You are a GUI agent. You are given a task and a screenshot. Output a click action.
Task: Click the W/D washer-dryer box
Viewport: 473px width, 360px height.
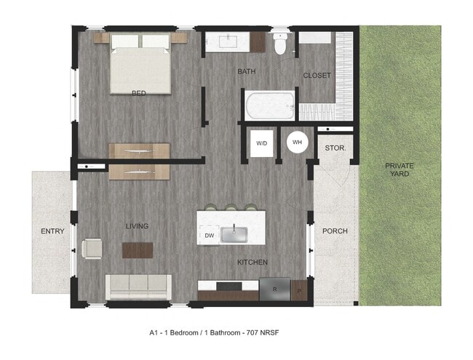(x=261, y=143)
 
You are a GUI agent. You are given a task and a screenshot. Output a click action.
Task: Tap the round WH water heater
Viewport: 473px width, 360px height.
(x=297, y=143)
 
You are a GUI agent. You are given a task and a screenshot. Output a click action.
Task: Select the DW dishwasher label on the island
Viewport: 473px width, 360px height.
(x=209, y=235)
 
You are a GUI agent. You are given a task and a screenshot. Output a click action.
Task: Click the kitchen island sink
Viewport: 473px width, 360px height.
(x=234, y=234)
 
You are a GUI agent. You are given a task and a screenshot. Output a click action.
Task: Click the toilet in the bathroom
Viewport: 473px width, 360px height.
(x=280, y=45)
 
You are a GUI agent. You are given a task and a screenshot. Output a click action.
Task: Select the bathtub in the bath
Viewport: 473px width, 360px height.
(x=269, y=106)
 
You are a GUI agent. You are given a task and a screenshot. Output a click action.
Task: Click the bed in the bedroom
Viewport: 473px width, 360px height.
(x=141, y=65)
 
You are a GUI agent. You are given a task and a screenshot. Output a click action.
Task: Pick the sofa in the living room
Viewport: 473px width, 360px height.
(x=139, y=287)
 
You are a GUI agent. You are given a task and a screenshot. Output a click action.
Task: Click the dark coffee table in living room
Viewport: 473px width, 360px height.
(x=138, y=249)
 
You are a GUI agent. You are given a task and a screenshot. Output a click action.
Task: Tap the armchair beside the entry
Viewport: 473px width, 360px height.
(x=93, y=248)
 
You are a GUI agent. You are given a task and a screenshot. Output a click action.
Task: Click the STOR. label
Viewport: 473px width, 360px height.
(x=335, y=148)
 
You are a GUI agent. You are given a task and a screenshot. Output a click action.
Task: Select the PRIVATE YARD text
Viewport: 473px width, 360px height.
(x=399, y=169)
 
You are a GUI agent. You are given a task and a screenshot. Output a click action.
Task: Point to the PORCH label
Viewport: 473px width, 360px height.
(x=335, y=231)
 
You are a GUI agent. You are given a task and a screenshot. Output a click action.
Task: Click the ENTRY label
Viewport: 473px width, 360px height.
(x=52, y=231)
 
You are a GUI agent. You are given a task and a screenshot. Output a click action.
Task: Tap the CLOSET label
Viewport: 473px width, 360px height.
(x=317, y=75)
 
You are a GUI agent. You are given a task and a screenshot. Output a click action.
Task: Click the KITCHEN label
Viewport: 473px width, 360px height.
(x=253, y=262)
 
